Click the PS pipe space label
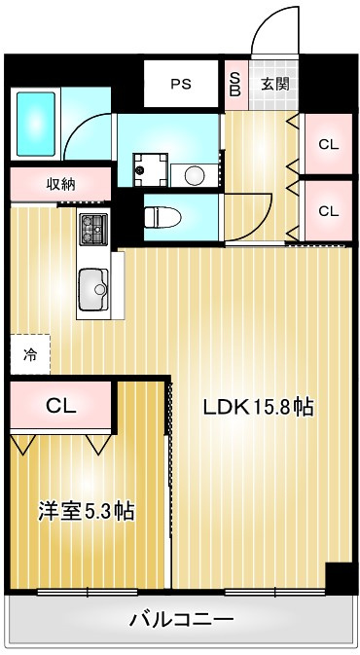click(181, 84)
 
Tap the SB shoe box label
click(235, 85)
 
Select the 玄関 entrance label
click(275, 84)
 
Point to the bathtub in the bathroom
click(36, 124)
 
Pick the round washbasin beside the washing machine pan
click(194, 175)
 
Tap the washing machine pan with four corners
click(150, 169)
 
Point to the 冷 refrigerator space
click(30, 354)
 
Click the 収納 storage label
click(60, 184)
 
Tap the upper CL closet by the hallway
click(329, 145)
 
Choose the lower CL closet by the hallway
click(329, 211)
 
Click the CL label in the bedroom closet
click(61, 405)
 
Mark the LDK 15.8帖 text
click(259, 407)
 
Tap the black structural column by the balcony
click(342, 578)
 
